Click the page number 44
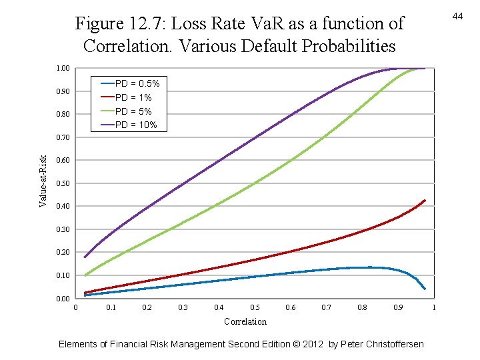457,15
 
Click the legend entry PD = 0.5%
137,83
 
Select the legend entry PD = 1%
133,97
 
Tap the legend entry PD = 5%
133,111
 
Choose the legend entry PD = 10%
136,125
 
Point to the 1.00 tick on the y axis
63,69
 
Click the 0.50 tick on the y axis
63,183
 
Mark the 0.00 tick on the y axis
63,299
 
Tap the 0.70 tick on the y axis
63,137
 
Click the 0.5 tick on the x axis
255,308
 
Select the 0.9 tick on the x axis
398,308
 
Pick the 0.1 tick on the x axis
111,308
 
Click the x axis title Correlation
245,321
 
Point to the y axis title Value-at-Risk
43,181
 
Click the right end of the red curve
425,200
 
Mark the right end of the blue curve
425,289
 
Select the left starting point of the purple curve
85,257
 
